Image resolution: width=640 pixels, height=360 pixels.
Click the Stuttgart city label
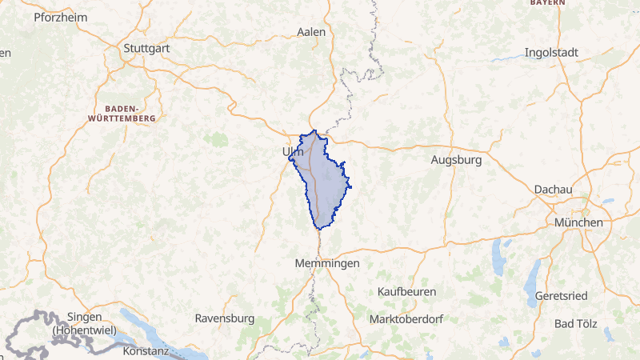148,48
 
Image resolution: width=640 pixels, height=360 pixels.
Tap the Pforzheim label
59,17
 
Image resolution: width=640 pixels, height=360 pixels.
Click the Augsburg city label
456,160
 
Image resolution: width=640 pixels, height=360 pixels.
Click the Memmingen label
326,263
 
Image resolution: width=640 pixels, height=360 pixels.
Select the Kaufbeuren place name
406,291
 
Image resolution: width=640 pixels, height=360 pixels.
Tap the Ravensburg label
224,318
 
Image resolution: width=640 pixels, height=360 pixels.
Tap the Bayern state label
547,3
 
